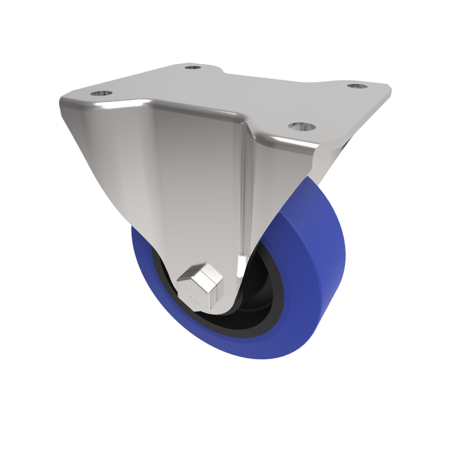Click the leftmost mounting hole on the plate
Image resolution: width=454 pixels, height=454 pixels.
101,93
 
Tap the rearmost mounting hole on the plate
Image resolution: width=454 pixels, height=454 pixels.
193,68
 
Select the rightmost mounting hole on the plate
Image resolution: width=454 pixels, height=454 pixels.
357,86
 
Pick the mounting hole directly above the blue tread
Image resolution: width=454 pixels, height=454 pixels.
300,125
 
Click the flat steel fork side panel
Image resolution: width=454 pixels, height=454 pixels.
193,182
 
